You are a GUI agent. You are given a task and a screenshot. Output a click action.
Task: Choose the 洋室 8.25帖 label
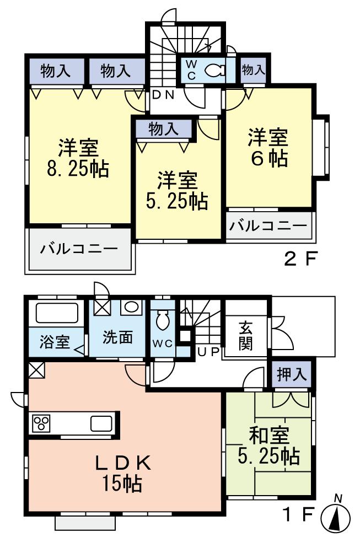pyautogui.click(x=78, y=158)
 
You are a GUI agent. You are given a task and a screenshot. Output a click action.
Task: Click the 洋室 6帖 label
pyautogui.click(x=268, y=148)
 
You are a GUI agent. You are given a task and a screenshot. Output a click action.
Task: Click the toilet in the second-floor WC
pyautogui.click(x=213, y=70)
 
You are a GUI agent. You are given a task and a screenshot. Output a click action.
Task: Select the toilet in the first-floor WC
pyautogui.click(x=162, y=320)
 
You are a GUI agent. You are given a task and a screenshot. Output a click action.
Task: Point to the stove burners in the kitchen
pyautogui.click(x=41, y=424)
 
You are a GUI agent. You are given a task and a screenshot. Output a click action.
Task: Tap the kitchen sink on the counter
pyautogui.click(x=101, y=424)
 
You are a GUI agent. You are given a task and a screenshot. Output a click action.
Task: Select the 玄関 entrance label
pyautogui.click(x=246, y=336)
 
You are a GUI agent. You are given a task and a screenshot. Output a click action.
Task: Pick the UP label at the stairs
pyautogui.click(x=209, y=351)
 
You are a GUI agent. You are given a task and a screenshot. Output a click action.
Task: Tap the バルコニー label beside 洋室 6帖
pyautogui.click(x=268, y=226)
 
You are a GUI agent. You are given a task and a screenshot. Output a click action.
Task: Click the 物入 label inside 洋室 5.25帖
pyautogui.click(x=164, y=129)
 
